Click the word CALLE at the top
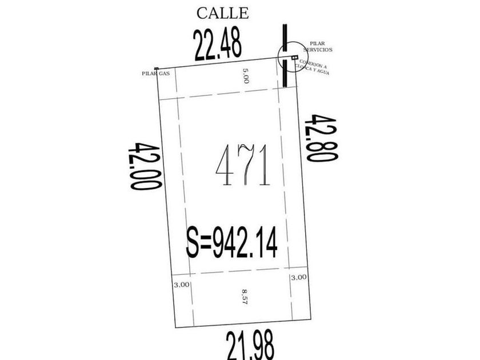tap(222, 13)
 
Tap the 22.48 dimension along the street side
tap(218, 45)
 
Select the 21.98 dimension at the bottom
tap(250, 345)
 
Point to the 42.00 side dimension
tap(144, 166)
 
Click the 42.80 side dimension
tap(321, 138)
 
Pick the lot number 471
tap(243, 165)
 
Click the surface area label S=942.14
tap(232, 242)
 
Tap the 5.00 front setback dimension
tap(246, 75)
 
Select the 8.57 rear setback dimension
tap(245, 297)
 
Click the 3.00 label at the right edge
tap(298, 277)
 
